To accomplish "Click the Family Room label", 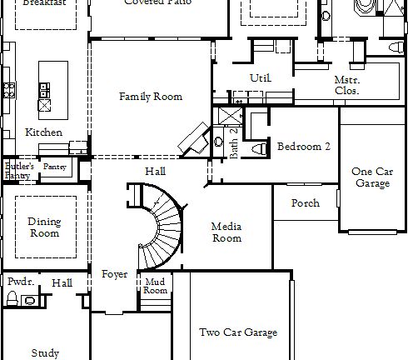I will click(150, 97).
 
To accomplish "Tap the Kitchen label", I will click(43, 132).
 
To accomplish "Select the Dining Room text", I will click(44, 227).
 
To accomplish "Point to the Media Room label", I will click(226, 232).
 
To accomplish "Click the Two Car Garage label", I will click(237, 332).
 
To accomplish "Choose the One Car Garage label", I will click(371, 177).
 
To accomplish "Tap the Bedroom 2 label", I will click(304, 146).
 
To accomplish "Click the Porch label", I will click(305, 203).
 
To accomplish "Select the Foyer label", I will click(114, 275).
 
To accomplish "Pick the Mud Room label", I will click(156, 286).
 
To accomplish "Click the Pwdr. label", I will click(20, 282).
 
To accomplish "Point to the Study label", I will click(45, 352).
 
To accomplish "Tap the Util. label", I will click(261, 77).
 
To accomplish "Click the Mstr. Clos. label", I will click(346, 85).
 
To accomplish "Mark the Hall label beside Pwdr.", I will click(62, 283).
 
